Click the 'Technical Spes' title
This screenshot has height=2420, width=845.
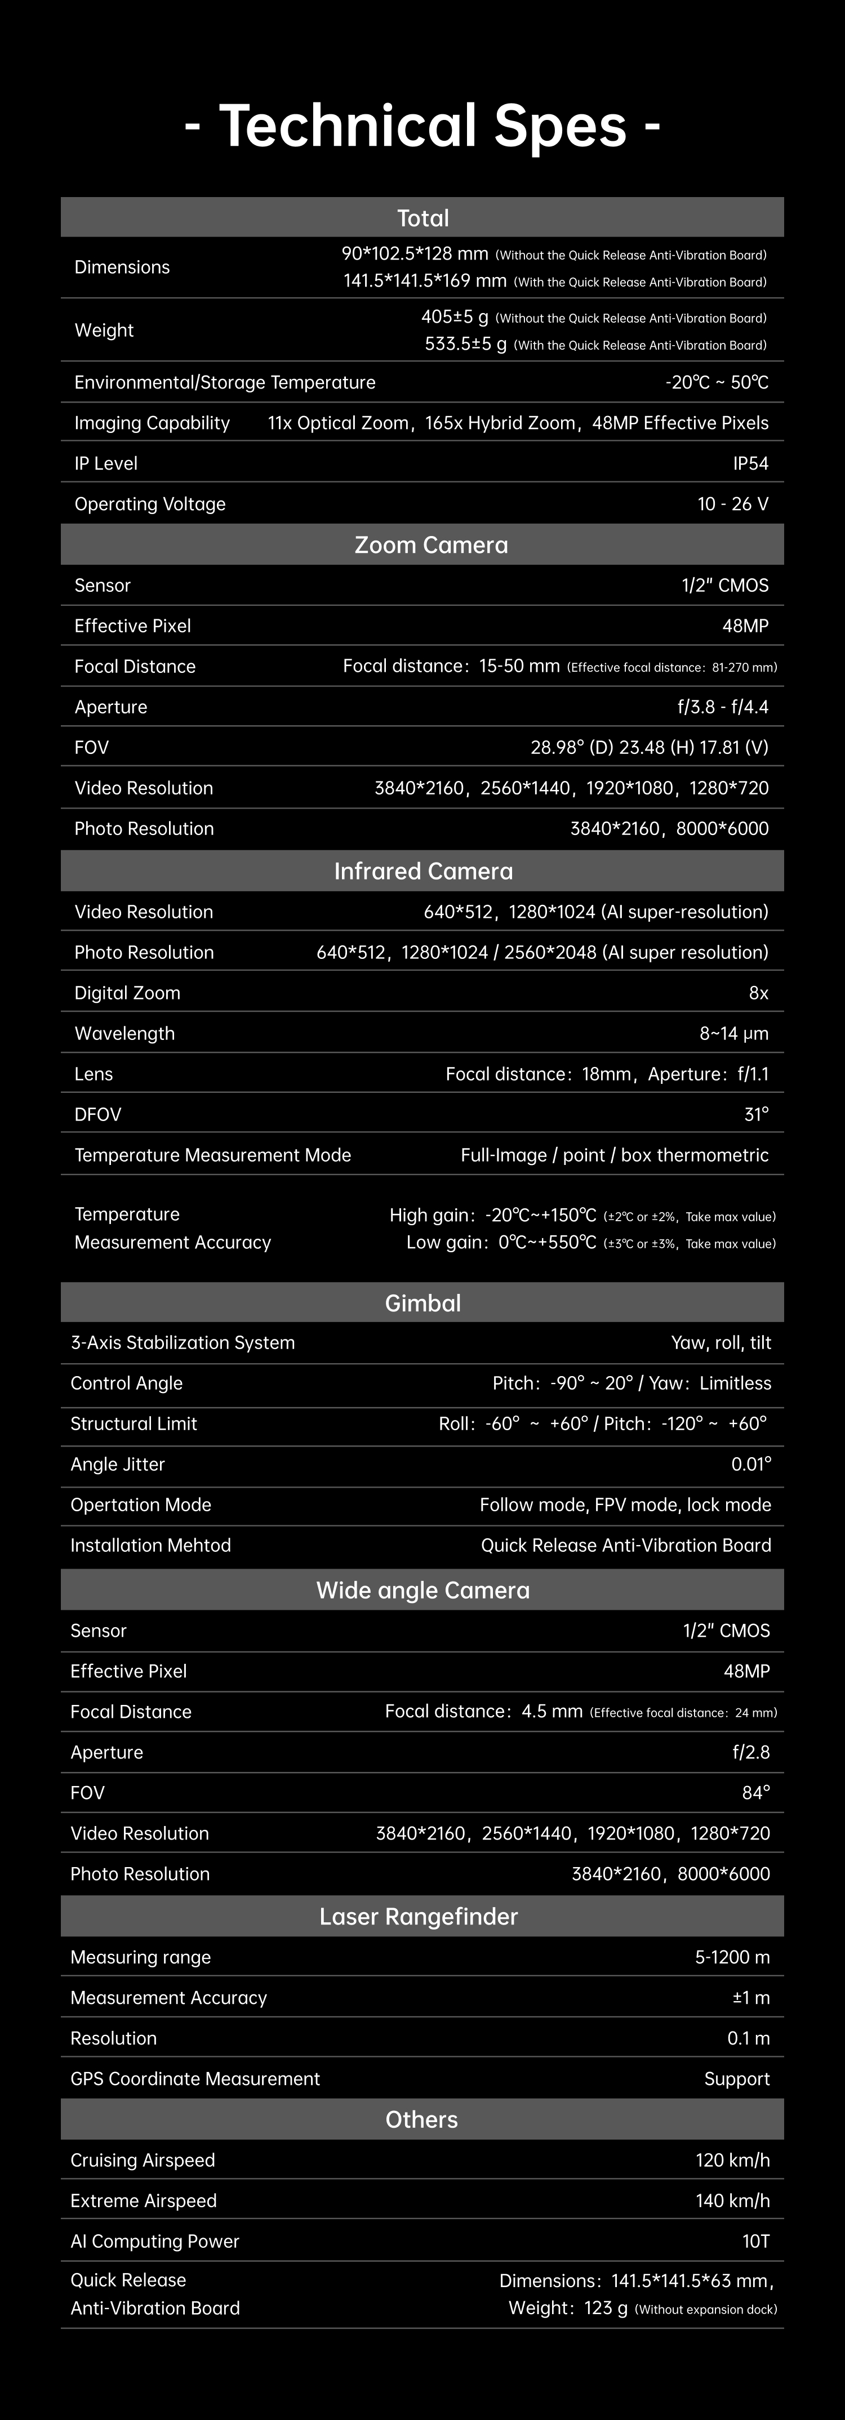pyautogui.click(x=422, y=126)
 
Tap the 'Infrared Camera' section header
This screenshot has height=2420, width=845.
pyautogui.click(x=423, y=871)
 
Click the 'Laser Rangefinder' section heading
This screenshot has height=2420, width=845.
pyautogui.click(x=418, y=1917)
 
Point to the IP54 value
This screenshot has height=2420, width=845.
pyautogui.click(x=750, y=463)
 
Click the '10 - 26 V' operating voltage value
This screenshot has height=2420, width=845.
pyautogui.click(x=732, y=503)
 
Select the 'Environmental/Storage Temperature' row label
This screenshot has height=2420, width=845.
pyautogui.click(x=225, y=382)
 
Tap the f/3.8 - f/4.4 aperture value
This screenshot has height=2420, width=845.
pyautogui.click(x=715, y=707)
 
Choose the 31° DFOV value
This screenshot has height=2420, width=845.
pyautogui.click(x=755, y=1114)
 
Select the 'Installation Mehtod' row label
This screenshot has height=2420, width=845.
pyautogui.click(x=150, y=1546)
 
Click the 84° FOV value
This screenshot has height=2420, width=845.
pyautogui.click(x=755, y=1792)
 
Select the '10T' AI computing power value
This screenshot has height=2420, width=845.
pyautogui.click(x=755, y=2240)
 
